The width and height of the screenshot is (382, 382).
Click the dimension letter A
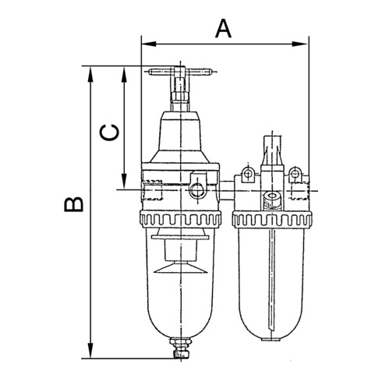[224, 29]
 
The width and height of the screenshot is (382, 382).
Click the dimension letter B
[73, 204]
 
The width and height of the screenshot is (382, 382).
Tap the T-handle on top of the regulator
[180, 73]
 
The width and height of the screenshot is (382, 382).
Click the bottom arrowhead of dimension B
[92, 352]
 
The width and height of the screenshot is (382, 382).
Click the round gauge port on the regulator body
[195, 187]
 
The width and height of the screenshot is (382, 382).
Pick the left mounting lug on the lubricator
[248, 173]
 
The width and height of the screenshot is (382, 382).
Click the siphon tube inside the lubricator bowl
[272, 281]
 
